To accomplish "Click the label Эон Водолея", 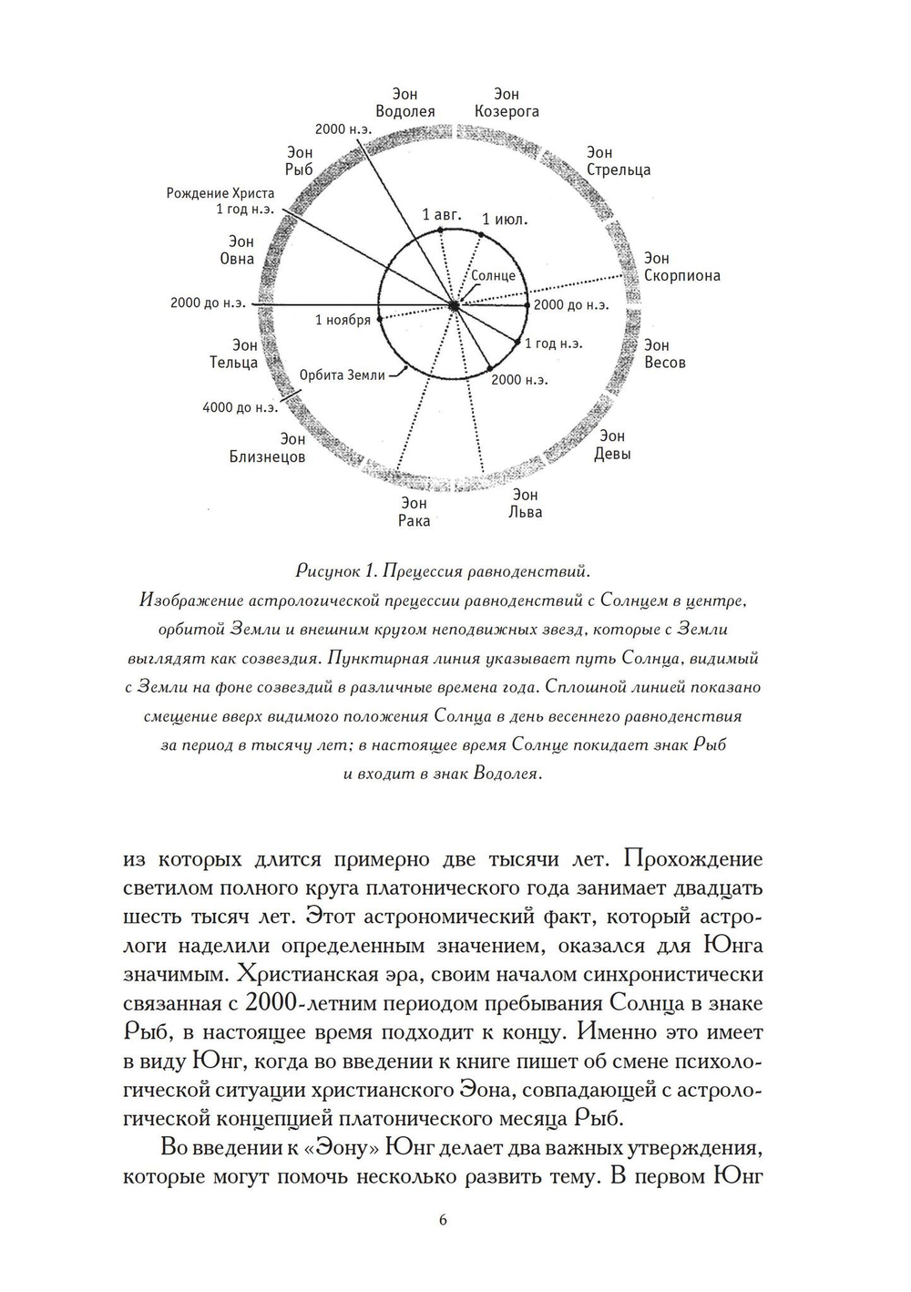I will (404, 103).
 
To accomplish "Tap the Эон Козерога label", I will (507, 103).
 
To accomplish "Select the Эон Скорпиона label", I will (681, 267).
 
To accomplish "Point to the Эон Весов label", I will (664, 354).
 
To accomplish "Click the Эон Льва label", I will (525, 503).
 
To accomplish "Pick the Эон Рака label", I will (414, 511).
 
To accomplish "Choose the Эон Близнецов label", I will (267, 448).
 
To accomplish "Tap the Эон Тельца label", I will (234, 354).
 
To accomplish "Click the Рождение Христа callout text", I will (220, 201).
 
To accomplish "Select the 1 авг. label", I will (442, 216).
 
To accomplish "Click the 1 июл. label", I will (506, 220).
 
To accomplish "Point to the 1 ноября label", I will (343, 320).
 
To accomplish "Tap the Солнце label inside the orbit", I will (493, 275).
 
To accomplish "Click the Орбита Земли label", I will (343, 374).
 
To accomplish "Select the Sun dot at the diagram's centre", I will (454, 305).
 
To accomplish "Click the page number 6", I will (443, 1220).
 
